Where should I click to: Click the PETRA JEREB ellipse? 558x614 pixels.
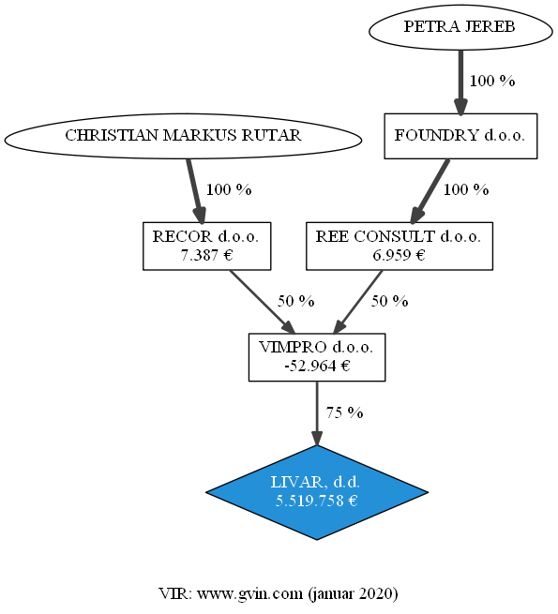pos(460,27)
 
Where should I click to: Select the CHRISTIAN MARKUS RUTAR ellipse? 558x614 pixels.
pos(183,136)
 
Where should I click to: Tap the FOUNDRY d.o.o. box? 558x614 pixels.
pos(460,136)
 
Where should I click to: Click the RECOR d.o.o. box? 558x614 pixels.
pos(207,247)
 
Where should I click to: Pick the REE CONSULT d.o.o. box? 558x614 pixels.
pos(400,247)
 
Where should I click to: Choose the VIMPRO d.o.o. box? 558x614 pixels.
pos(317,357)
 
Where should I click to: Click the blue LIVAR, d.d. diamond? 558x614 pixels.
pos(317,493)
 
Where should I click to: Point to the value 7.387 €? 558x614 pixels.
pos(207,255)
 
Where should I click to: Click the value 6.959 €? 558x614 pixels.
pos(399,255)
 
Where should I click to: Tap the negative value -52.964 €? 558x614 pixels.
pos(317,367)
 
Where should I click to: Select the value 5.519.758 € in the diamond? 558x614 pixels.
pos(317,501)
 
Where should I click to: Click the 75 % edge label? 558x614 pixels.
pos(344,412)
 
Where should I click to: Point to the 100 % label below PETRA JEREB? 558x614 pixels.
pos(492,81)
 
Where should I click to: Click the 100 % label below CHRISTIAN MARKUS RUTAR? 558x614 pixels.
pos(229,190)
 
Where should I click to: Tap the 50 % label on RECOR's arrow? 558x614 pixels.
pos(295,301)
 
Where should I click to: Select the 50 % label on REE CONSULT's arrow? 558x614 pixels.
pos(389,301)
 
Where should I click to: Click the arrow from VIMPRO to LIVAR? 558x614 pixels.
pos(317,413)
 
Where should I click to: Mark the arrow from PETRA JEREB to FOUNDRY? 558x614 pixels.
pos(460,82)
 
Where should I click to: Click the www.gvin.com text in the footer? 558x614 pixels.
pos(250,594)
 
